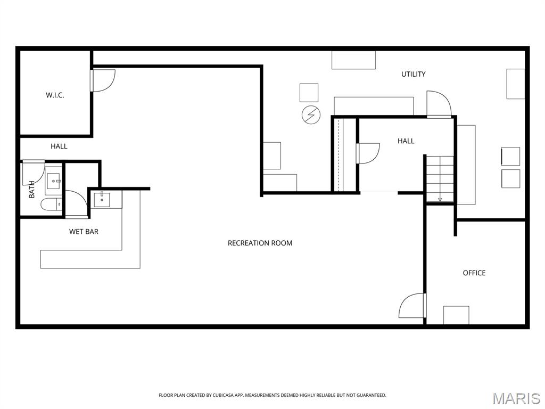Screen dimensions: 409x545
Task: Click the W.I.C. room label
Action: tap(55, 95)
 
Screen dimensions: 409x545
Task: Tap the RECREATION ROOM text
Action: tap(260, 243)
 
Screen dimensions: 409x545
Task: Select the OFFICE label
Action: tap(474, 273)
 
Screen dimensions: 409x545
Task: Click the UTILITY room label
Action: tap(413, 74)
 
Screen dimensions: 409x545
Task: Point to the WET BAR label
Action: tap(84, 232)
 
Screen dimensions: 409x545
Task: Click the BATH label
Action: tap(31, 190)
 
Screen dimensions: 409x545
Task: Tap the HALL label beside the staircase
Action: tap(406, 141)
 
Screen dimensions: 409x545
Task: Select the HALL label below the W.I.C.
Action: tap(59, 146)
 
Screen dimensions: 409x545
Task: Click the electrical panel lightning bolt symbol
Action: tap(311, 114)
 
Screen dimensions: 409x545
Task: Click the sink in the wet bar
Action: tap(102, 200)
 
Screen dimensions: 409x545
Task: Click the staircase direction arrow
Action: tap(440, 199)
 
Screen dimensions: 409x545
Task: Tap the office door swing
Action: tap(412, 306)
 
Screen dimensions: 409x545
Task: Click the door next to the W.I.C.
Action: tap(103, 80)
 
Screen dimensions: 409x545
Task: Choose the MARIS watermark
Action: tap(516, 398)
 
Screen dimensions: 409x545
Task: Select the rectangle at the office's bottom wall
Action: tap(456, 315)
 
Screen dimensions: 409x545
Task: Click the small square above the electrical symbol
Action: tap(309, 93)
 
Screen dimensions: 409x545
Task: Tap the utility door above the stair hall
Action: tap(438, 104)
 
